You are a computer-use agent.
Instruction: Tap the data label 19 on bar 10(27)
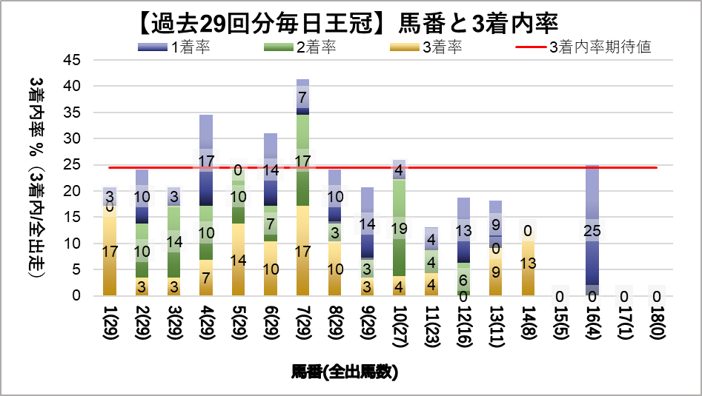click(x=399, y=229)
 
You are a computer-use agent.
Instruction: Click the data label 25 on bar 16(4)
click(x=592, y=232)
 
